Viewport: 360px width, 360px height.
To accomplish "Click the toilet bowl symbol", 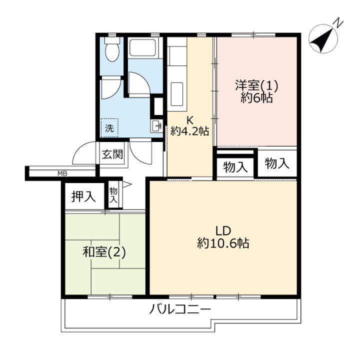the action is point(112,49).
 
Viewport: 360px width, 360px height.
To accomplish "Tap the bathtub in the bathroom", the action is point(143,47).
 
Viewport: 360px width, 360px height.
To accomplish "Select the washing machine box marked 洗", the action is point(109,128).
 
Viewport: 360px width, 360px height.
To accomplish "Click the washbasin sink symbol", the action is point(156,126).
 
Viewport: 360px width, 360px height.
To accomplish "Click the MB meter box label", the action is point(62,173).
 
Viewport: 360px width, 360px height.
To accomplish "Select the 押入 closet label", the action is point(83,196).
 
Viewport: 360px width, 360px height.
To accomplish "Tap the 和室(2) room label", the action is point(104,253).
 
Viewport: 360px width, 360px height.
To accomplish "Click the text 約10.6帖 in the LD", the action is point(223,243).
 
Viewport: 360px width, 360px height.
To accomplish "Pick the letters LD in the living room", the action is point(223,230).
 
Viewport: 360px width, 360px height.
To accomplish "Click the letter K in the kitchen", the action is point(189,120).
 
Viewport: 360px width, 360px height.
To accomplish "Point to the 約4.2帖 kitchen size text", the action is point(189,131).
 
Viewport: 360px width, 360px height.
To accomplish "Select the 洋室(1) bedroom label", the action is point(256,85).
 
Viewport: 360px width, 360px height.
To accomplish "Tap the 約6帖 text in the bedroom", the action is point(256,98).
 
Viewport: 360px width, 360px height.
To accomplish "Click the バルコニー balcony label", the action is point(180,309).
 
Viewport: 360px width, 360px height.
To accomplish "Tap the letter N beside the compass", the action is point(338,23).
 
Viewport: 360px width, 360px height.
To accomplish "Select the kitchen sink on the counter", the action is point(177,94).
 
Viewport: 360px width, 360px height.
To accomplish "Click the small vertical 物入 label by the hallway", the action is point(113,195).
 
